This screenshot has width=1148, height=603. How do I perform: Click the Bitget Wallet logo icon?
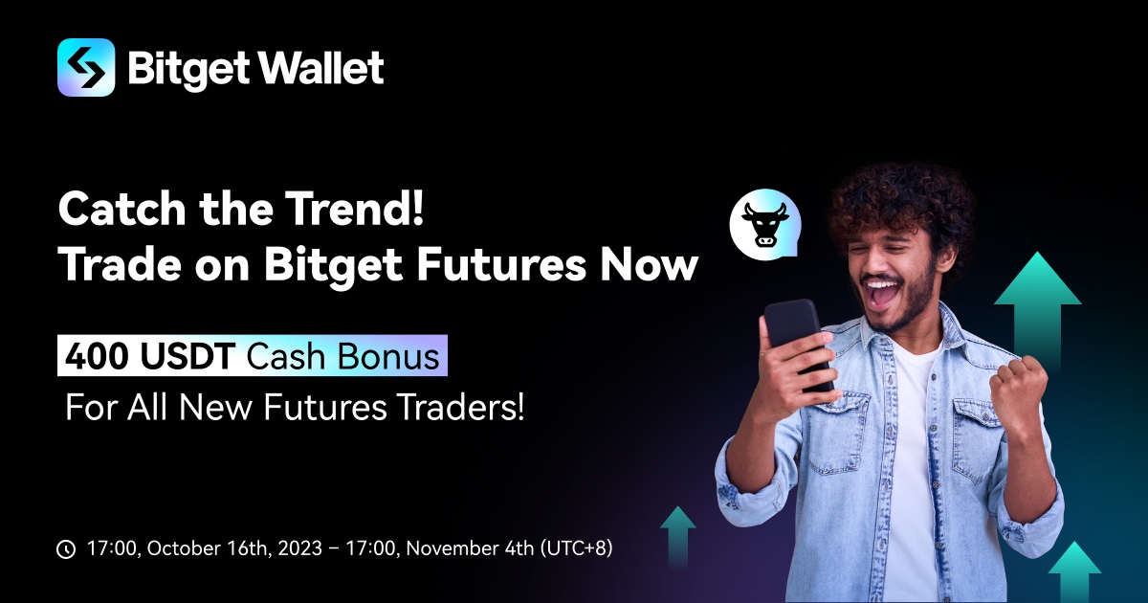86,68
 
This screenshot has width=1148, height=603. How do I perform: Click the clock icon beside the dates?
66,549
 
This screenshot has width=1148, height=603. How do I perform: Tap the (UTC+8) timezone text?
577,549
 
